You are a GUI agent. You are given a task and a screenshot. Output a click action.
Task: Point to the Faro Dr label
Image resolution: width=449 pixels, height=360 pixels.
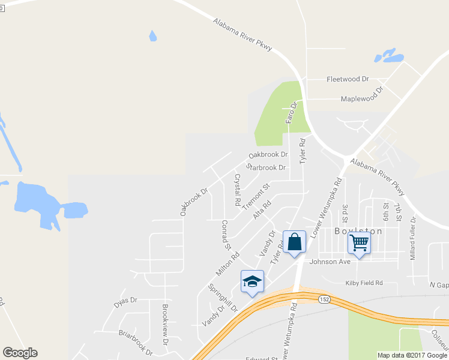(x=291, y=113)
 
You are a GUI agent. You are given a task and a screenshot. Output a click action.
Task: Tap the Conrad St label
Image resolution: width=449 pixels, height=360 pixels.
(x=226, y=235)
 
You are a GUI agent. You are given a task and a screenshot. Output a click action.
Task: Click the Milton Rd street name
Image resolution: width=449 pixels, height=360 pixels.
(x=228, y=264)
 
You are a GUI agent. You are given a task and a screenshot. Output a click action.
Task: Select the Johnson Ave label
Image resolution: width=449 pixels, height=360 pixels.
(x=329, y=262)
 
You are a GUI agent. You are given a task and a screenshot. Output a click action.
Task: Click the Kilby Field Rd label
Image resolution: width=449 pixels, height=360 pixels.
(x=363, y=283)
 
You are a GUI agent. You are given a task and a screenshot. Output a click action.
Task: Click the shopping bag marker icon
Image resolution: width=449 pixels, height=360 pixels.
(x=294, y=242)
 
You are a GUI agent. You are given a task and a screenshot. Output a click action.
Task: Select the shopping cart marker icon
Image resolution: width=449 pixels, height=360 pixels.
(x=359, y=244)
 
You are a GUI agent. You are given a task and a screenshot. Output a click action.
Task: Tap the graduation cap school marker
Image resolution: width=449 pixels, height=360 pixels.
(x=252, y=281)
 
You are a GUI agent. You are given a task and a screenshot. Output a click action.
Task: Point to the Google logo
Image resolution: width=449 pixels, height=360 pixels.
(x=20, y=353)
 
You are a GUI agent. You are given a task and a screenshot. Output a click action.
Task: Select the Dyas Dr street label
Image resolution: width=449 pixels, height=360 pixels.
(x=125, y=302)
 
